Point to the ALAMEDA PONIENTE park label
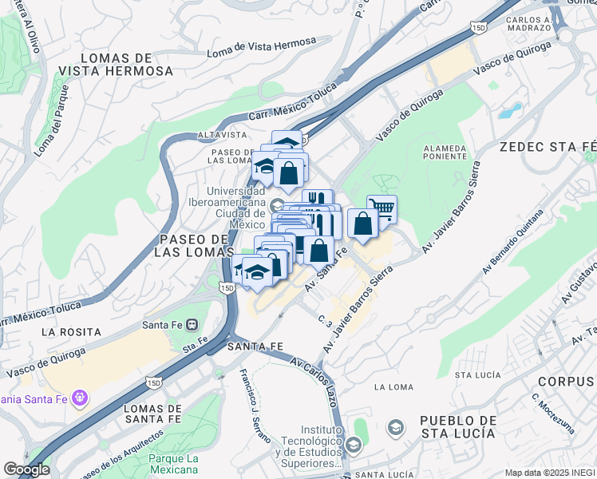446,152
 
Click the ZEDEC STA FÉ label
548,147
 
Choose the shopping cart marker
382,209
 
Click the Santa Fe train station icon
192,325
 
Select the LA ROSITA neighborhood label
72,331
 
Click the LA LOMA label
392,387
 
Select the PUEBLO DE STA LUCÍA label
458,426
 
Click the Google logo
26,469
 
